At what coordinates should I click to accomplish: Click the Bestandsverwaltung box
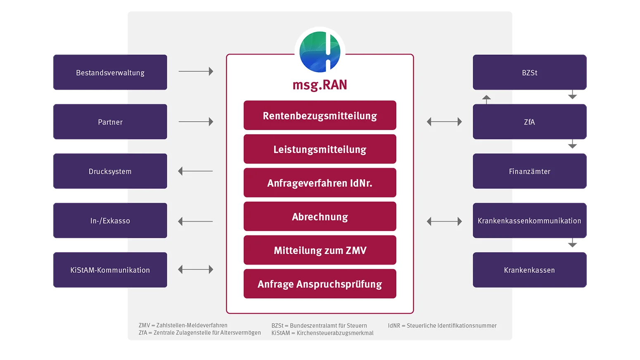point(110,73)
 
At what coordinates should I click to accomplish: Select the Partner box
point(110,122)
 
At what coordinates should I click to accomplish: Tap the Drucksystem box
point(110,171)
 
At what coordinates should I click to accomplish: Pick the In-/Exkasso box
point(110,220)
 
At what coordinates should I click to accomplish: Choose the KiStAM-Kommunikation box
point(110,270)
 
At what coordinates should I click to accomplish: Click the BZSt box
point(529,73)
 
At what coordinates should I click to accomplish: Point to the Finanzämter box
point(529,171)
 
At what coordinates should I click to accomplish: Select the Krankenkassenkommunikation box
point(529,220)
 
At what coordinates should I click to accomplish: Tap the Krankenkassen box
point(529,270)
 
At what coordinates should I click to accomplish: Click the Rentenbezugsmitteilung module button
point(320,116)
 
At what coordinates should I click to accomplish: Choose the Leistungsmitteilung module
point(320,149)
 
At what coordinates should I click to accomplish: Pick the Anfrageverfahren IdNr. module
point(320,183)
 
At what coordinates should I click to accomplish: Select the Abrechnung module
point(320,217)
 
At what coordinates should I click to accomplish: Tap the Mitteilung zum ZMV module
point(320,250)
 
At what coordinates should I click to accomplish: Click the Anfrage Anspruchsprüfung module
point(320,284)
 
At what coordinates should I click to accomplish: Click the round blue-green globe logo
point(320,52)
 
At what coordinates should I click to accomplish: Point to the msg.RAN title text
point(320,85)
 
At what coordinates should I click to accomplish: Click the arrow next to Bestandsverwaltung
point(196,71)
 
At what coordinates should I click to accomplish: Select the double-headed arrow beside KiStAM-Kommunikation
point(196,270)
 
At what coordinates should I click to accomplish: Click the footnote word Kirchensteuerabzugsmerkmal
point(335,333)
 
